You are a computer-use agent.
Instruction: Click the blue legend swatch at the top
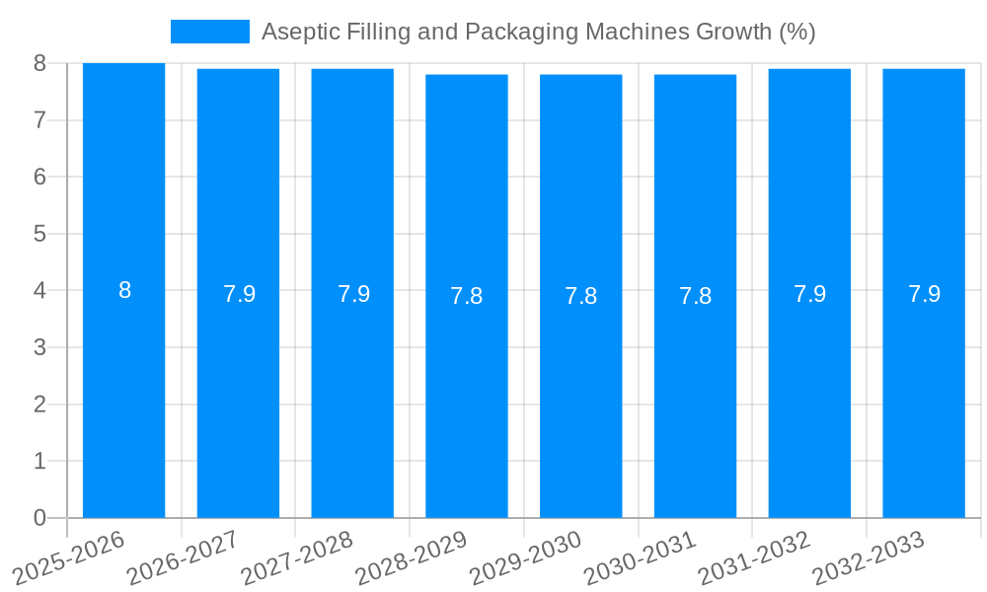pos(209,32)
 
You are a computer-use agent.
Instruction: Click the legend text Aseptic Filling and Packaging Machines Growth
pos(538,32)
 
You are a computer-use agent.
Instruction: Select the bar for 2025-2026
pos(123,395)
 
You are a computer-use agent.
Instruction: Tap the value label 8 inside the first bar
pos(124,290)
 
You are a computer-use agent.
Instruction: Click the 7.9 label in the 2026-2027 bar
pos(239,294)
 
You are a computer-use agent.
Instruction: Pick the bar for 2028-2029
pos(466,395)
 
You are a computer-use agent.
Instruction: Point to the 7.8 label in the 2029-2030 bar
pos(580,296)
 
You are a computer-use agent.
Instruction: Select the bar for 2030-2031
pos(695,395)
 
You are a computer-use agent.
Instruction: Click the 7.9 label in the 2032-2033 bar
pos(924,294)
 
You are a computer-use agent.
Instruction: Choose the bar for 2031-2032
pos(809,395)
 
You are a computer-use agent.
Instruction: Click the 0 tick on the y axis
pos(39,518)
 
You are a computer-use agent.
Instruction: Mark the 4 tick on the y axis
pos(39,291)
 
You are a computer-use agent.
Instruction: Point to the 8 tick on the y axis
pos(39,63)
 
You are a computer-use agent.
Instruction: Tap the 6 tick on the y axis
pos(39,177)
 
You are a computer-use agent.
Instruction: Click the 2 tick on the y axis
pos(39,405)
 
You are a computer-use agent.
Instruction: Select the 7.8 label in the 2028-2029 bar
pos(466,296)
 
